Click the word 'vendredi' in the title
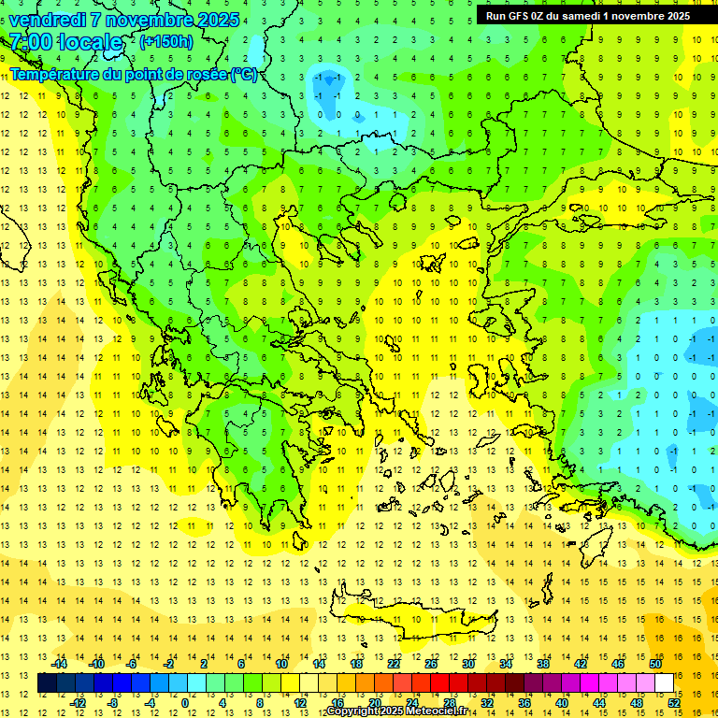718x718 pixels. click(46, 20)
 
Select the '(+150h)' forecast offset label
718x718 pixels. click(165, 41)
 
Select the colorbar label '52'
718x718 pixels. click(674, 703)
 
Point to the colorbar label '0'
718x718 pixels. click(184, 703)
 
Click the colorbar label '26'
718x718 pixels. click(431, 664)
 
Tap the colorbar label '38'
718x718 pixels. click(543, 664)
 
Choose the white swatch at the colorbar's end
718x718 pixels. click(664, 683)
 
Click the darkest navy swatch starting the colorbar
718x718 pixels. click(47, 683)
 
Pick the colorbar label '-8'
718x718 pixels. click(113, 703)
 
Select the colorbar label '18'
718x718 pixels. click(356, 664)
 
